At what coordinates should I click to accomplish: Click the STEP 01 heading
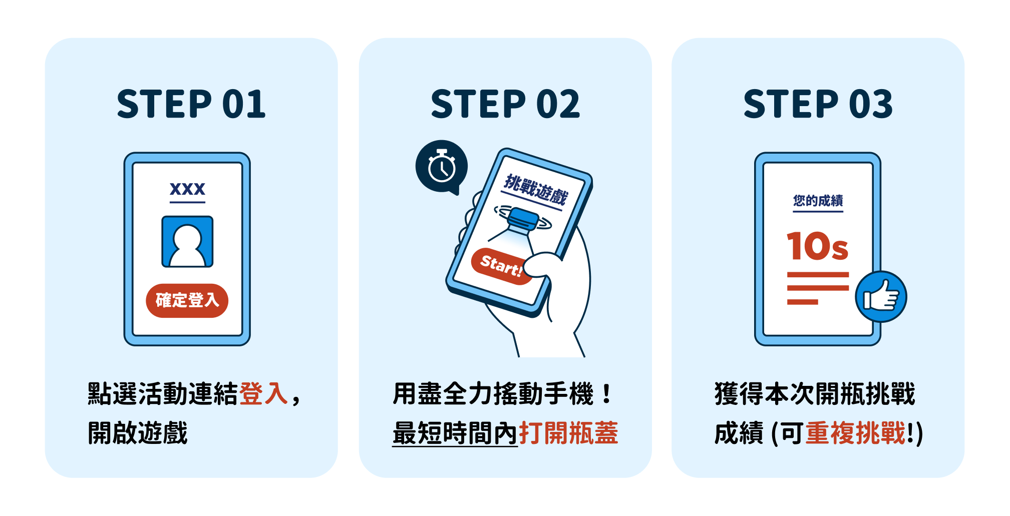(x=191, y=104)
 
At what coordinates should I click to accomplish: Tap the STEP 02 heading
(x=505, y=104)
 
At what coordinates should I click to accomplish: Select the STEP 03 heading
(x=818, y=104)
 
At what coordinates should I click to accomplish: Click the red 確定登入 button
(x=187, y=300)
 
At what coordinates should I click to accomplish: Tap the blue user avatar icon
(x=187, y=242)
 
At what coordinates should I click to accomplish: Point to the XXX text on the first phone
(x=187, y=189)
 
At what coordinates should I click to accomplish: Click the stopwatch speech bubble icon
(x=441, y=167)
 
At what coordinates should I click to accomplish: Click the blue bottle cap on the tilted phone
(x=522, y=219)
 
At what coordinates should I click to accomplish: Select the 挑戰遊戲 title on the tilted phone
(x=535, y=190)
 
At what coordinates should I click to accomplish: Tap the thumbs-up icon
(x=881, y=297)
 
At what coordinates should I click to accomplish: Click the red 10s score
(x=817, y=246)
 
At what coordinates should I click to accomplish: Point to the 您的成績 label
(x=818, y=201)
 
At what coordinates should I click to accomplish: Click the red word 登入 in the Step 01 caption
(x=263, y=393)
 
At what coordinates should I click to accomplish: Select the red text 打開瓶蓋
(x=568, y=433)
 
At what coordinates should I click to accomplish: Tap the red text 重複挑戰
(x=855, y=433)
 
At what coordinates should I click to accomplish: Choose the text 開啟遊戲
(x=138, y=433)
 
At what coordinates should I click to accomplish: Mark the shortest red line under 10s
(x=802, y=302)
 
